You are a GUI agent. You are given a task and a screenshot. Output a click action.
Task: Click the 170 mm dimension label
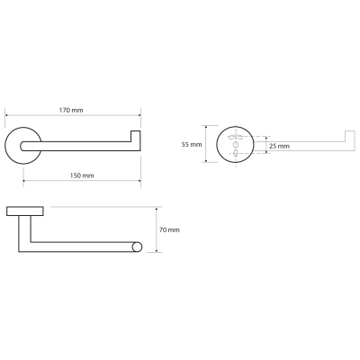[x=71, y=110]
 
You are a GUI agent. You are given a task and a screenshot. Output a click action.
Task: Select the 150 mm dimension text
[x=82, y=175]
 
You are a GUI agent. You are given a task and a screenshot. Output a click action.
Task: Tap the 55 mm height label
[x=192, y=145]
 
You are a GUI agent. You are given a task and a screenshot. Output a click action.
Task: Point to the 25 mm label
[x=279, y=147]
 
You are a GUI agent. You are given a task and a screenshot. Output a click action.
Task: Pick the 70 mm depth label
[x=169, y=230]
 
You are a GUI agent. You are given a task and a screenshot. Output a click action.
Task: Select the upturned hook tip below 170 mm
[x=136, y=136]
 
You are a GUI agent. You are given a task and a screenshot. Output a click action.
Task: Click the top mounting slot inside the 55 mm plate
[x=236, y=138]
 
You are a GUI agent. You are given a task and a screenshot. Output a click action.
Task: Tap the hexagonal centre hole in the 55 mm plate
[x=236, y=145]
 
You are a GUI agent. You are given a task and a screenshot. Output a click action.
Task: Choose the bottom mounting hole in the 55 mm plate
[x=236, y=153]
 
